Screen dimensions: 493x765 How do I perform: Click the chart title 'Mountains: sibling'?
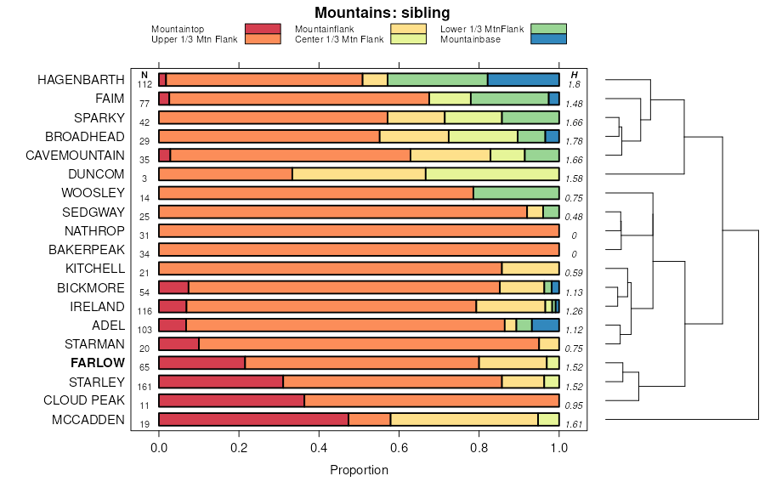point(382,13)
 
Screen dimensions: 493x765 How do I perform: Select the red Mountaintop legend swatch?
point(263,30)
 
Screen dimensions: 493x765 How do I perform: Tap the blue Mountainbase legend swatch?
point(547,39)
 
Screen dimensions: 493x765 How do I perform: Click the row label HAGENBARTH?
point(81,80)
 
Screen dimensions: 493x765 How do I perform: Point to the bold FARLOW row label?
point(97,363)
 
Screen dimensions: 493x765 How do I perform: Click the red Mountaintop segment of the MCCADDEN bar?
point(253,419)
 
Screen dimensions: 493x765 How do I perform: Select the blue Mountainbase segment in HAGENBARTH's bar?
point(523,80)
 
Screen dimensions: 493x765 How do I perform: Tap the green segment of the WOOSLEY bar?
point(516,193)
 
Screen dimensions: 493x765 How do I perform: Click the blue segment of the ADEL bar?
point(545,325)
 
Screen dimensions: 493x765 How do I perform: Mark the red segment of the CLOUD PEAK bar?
point(231,400)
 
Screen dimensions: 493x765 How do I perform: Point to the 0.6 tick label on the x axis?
point(399,448)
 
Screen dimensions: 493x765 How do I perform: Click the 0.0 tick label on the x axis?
point(159,448)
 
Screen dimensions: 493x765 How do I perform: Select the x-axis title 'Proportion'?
point(359,470)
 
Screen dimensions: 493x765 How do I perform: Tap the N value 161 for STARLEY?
point(144,387)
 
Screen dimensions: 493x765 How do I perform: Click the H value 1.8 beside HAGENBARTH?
point(574,85)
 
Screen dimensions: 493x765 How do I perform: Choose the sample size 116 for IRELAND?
point(144,311)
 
